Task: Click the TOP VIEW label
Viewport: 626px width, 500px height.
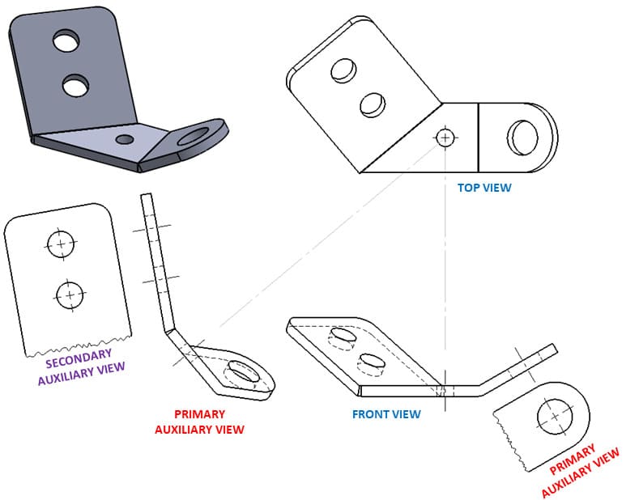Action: [483, 188]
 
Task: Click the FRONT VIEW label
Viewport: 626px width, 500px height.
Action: [386, 414]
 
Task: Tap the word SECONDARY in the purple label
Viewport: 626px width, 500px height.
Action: [79, 359]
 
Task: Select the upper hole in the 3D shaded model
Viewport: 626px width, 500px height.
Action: [66, 40]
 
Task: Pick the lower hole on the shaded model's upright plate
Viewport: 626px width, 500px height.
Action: [75, 85]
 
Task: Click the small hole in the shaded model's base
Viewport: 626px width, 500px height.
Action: [125, 139]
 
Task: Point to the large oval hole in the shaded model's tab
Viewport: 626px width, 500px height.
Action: [194, 137]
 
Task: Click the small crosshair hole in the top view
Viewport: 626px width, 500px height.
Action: [445, 138]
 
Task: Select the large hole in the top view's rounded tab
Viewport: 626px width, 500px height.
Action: [522, 138]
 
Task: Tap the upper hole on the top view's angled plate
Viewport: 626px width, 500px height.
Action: [343, 71]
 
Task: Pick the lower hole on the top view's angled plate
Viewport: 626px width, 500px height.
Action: [373, 105]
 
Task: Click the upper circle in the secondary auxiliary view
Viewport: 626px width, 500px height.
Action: [61, 244]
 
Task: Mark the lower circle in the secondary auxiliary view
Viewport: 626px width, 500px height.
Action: [70, 295]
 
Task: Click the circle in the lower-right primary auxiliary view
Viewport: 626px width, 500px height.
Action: [555, 417]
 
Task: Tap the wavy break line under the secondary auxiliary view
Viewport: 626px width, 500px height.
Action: [79, 346]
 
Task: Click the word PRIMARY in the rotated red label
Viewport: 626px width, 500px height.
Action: [572, 460]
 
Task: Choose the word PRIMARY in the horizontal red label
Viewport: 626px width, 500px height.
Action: [199, 414]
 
